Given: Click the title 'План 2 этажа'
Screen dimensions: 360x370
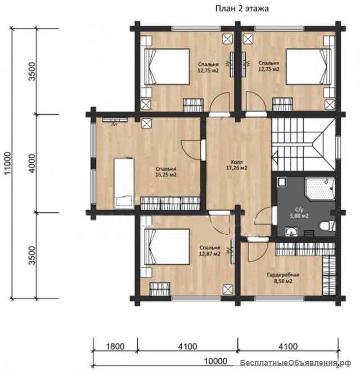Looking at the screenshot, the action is [x=242, y=9].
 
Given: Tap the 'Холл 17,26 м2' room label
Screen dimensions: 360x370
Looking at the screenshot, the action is [x=236, y=165].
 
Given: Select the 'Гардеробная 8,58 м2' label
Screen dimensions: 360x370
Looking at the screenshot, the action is [x=283, y=278].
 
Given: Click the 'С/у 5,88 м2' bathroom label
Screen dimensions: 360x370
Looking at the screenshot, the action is [x=299, y=213].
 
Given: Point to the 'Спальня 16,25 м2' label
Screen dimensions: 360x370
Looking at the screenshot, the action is [x=166, y=172].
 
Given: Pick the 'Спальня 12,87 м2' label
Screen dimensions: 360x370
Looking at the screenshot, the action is [x=210, y=251].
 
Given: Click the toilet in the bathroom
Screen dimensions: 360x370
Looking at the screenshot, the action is [x=327, y=226].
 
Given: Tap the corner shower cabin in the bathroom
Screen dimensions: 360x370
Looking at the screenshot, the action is [x=320, y=189].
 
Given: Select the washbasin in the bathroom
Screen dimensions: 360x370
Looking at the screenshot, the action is [x=291, y=231].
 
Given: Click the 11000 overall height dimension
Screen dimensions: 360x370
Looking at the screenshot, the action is [x=7, y=163].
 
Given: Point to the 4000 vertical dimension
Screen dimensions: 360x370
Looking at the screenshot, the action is [x=32, y=163].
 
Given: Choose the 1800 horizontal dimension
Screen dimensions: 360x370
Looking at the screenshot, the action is [x=115, y=346].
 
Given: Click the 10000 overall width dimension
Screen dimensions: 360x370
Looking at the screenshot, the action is [x=215, y=361].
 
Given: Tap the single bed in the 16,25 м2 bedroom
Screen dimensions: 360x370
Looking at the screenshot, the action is [x=124, y=184].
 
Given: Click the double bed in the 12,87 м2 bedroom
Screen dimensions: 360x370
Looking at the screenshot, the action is [x=167, y=247].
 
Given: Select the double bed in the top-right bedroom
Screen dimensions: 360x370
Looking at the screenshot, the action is [x=309, y=67].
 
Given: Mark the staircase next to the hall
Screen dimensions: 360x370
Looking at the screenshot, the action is [x=304, y=144].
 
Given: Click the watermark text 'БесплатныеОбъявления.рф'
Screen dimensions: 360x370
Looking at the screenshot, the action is [x=295, y=363].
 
